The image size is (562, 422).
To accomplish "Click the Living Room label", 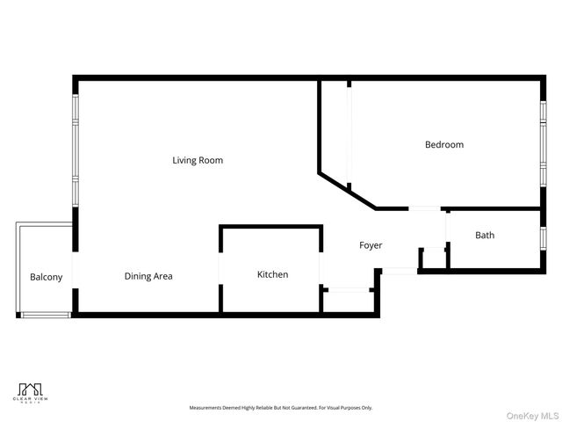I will [x=198, y=160].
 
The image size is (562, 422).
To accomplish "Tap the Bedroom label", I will [x=444, y=144].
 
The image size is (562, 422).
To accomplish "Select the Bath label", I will [x=485, y=235].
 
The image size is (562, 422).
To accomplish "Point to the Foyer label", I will [x=371, y=245].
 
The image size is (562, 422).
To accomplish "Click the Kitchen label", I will [x=272, y=274].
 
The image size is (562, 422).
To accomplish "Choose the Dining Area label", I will [x=148, y=276].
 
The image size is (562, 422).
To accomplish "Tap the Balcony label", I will [x=47, y=277].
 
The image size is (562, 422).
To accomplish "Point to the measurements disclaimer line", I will [x=281, y=408].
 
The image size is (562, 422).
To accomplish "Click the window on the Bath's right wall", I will [x=543, y=237].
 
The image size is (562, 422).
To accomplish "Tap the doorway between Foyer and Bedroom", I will [x=426, y=208].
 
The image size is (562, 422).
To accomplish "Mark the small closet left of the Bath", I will [x=434, y=258].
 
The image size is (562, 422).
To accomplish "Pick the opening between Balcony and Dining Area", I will [x=74, y=268].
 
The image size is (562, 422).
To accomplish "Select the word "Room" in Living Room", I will [x=211, y=160].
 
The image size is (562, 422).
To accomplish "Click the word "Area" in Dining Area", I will [x=162, y=276].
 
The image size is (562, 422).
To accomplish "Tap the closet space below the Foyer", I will [x=349, y=300].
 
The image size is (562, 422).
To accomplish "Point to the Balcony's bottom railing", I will [x=46, y=315].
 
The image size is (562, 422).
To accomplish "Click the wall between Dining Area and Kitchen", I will [x=220, y=270].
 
